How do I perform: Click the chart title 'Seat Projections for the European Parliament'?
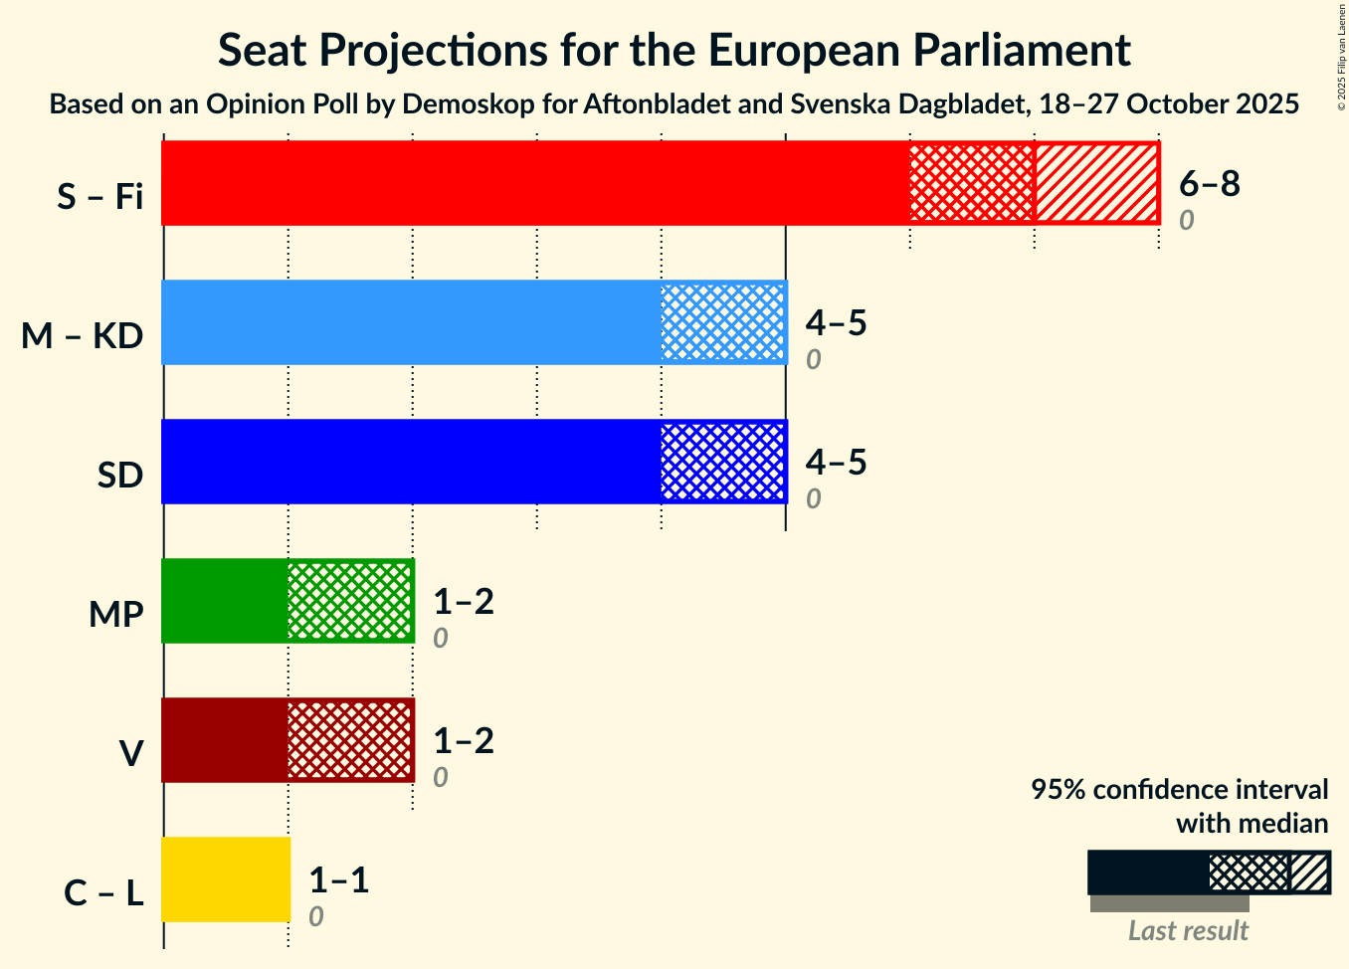674,50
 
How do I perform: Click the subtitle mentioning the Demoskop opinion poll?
674,103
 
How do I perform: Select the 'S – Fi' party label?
99,197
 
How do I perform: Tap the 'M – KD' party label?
83,336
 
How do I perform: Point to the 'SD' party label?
120,476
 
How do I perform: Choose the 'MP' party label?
115,615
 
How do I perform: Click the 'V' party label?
130,754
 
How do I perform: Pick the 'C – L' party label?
103,893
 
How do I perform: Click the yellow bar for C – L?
226,879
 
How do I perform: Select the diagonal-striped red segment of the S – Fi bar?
1096,183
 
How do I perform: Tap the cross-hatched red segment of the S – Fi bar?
972,183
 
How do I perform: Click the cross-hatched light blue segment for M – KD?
723,322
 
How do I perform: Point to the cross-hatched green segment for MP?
350,601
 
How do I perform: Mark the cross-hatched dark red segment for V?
350,740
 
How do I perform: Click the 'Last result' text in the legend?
1188,930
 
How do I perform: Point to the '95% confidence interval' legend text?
1179,790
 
